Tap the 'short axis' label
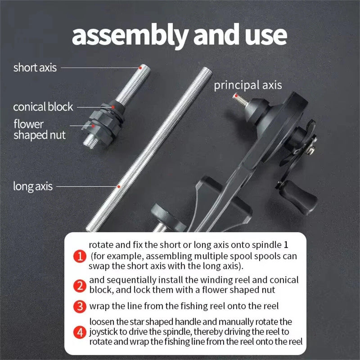35,68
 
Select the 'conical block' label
43,107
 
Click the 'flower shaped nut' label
39,129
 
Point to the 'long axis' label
33,186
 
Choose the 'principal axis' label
247,85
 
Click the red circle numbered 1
79,257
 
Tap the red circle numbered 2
79,285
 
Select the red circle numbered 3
79,307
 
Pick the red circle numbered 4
79,333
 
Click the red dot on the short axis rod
140,67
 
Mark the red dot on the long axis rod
119,185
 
